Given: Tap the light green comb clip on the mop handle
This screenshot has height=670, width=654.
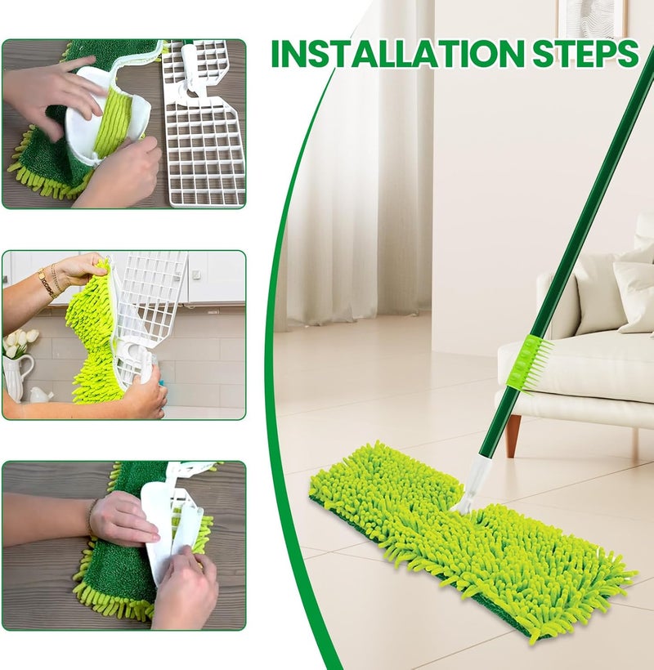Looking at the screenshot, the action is [x=529, y=363].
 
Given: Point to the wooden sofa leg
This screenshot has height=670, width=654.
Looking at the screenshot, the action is [x=513, y=435].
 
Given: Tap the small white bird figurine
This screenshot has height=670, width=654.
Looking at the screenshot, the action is [x=41, y=395].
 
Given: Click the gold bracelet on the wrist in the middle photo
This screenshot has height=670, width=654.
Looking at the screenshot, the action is [x=48, y=281].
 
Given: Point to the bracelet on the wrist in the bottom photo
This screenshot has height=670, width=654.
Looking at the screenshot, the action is [x=91, y=517].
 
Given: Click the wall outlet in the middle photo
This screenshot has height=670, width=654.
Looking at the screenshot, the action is [x=195, y=275].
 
